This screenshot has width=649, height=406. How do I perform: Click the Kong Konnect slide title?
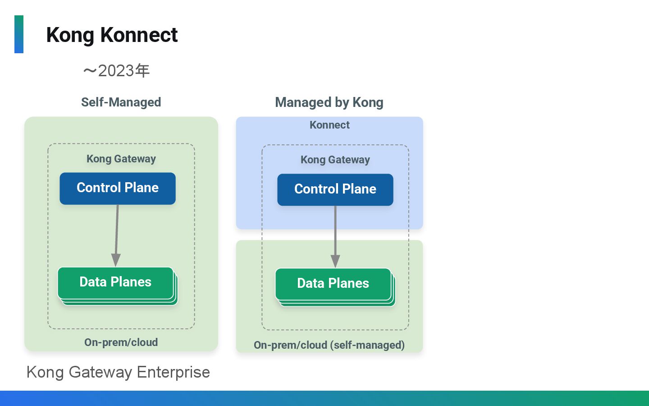coord(112,35)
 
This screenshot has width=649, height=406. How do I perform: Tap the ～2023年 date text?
coord(116,71)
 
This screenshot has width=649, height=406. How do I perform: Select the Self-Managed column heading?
coord(121,102)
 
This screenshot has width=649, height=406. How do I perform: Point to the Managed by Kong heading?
coord(329,102)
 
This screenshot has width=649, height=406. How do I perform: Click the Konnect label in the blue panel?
coord(329,125)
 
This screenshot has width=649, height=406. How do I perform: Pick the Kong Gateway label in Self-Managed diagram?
coord(121,159)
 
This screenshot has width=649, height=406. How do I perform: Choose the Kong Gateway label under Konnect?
coord(335,160)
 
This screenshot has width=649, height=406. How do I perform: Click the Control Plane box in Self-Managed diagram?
coord(118,188)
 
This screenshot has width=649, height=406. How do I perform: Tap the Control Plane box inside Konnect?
coord(335,189)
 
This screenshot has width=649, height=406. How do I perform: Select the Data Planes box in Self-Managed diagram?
coord(115,282)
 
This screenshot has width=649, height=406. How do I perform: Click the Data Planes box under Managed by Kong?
coord(333,284)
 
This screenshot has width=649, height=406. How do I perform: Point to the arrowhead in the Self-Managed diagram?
coord(116,260)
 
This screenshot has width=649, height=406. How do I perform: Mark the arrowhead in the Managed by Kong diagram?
coord(335,261)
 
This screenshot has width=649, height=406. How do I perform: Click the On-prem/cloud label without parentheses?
coord(121,342)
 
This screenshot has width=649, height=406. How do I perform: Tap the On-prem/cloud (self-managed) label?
coord(329,345)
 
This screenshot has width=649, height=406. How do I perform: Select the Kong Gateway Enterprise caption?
coord(118,372)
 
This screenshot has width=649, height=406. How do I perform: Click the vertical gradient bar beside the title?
coord(19,34)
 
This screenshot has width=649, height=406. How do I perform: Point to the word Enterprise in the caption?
coord(173,372)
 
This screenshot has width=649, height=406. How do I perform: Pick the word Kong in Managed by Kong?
coord(368,102)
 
